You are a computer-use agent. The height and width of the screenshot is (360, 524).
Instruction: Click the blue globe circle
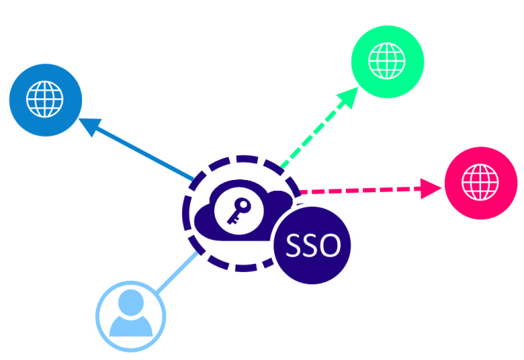[45, 100]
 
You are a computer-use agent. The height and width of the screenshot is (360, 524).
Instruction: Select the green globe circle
[387, 60]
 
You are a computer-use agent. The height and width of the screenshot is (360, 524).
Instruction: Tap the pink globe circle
[480, 182]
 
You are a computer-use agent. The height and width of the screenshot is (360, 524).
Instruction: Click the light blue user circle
[130, 317]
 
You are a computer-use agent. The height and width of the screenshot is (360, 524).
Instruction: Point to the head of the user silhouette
[130, 305]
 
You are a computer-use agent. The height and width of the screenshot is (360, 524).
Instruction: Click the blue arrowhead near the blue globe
[89, 125]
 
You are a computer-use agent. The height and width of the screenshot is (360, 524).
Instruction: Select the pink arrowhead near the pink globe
[429, 187]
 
